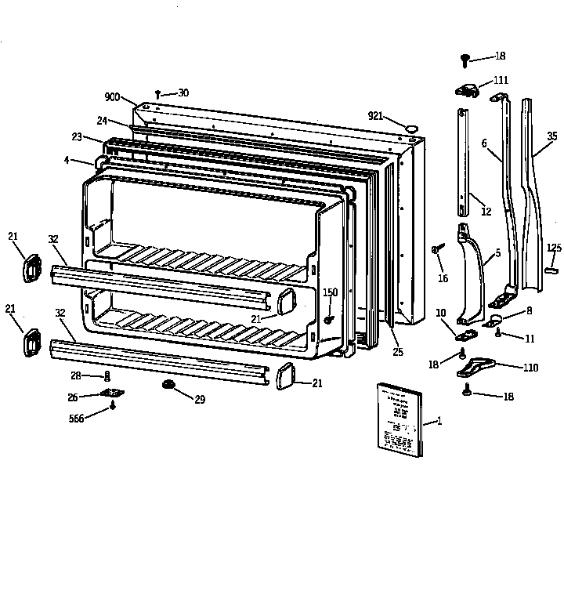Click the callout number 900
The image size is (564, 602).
pos(111,97)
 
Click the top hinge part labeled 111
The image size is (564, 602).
pos(467,91)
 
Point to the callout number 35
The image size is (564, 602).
pos(553,136)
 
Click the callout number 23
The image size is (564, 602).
pos(77,136)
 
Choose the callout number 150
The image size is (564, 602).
pos(331,292)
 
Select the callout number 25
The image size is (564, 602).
pos(398,353)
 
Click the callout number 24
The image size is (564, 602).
pos(102,121)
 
